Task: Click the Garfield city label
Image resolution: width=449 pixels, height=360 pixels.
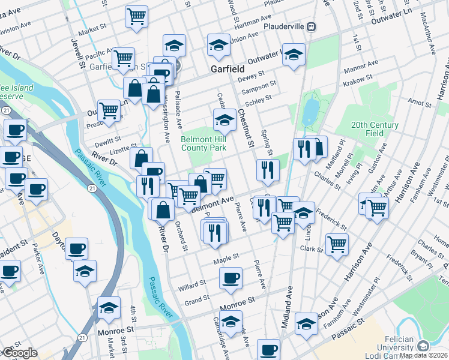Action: point(227,69)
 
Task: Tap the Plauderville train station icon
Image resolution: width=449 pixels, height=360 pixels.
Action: point(312,26)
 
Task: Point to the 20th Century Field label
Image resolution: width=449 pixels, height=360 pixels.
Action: point(375,129)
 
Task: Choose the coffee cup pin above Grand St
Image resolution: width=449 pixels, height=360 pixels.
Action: point(231,278)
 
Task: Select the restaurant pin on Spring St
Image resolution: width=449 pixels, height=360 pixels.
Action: point(268,170)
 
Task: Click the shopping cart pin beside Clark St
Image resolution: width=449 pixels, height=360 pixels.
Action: point(337,244)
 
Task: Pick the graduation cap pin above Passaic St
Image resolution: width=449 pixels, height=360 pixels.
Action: point(306,325)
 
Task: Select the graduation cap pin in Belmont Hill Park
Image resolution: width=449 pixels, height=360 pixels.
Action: point(224,119)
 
